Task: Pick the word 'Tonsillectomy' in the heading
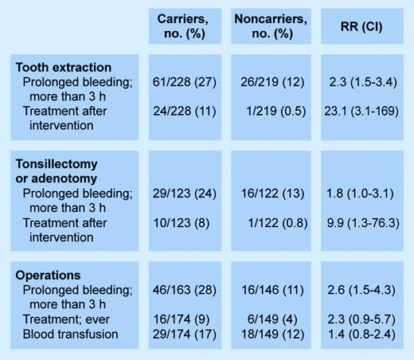[56, 164]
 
